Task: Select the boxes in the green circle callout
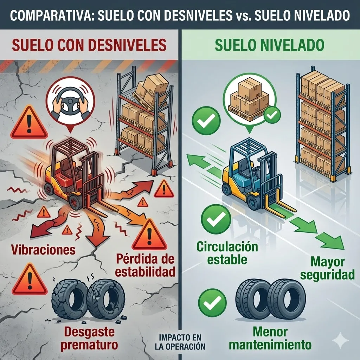(248, 97)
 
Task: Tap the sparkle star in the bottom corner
(341, 341)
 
